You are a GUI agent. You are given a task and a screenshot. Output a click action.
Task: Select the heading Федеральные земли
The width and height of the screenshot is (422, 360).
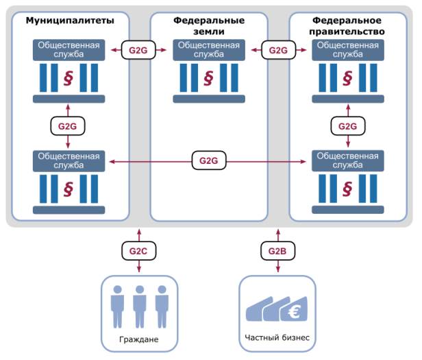tap(208, 26)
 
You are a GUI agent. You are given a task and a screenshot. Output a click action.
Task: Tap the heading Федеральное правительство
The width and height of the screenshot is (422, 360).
tap(347, 26)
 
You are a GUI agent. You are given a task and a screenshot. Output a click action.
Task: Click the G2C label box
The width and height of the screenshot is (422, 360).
tap(138, 251)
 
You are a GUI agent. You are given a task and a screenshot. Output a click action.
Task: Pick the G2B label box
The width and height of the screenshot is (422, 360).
tap(278, 251)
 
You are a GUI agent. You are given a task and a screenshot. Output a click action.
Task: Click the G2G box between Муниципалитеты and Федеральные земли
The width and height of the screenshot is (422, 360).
tap(138, 50)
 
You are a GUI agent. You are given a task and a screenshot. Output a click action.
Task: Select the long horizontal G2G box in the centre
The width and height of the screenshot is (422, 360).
tap(208, 160)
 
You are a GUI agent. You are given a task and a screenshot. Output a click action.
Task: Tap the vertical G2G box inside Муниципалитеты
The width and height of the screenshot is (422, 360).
tap(68, 126)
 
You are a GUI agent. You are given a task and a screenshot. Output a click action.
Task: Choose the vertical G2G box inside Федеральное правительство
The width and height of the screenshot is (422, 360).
tap(347, 126)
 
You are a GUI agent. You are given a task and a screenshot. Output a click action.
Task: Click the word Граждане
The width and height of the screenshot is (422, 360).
tap(138, 339)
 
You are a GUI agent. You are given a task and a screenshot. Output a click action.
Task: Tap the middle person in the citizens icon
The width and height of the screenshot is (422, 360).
tap(138, 304)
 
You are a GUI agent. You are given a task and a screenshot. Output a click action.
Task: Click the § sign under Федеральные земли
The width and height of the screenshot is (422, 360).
tap(208, 76)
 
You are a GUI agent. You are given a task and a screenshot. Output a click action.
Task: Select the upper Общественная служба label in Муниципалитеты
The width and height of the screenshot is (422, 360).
tap(68, 50)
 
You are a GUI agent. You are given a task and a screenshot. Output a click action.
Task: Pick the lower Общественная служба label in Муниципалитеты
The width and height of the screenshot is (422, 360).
tap(68, 160)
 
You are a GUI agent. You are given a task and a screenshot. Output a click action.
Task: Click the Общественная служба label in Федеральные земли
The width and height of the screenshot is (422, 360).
tap(208, 50)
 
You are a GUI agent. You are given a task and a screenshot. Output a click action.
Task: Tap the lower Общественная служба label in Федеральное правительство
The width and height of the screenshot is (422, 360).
tap(347, 160)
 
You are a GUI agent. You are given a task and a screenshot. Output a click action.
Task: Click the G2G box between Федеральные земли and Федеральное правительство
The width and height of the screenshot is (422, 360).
tap(278, 50)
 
